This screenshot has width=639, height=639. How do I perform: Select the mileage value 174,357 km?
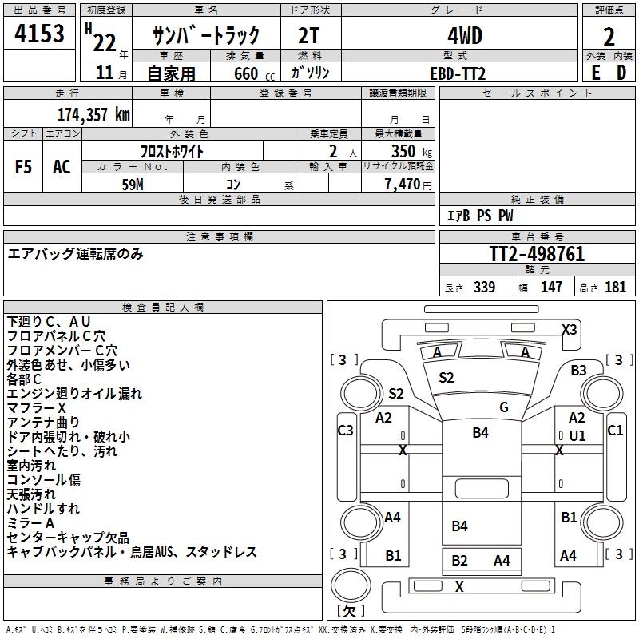[93, 114]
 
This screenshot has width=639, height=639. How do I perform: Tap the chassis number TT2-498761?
[537, 254]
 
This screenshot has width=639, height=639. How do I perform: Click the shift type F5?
[24, 167]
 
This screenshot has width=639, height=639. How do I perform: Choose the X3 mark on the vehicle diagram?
[569, 329]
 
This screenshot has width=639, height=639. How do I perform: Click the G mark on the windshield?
[504, 407]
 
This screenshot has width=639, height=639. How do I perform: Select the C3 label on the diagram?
[345, 431]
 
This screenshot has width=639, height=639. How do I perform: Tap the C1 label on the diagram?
[615, 431]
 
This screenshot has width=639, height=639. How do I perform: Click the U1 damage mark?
[577, 435]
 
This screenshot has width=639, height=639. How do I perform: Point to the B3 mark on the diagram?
[578, 370]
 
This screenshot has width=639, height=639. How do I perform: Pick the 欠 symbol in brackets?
[350, 611]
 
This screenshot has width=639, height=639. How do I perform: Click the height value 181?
[616, 288]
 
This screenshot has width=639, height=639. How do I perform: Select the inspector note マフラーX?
[37, 408]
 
